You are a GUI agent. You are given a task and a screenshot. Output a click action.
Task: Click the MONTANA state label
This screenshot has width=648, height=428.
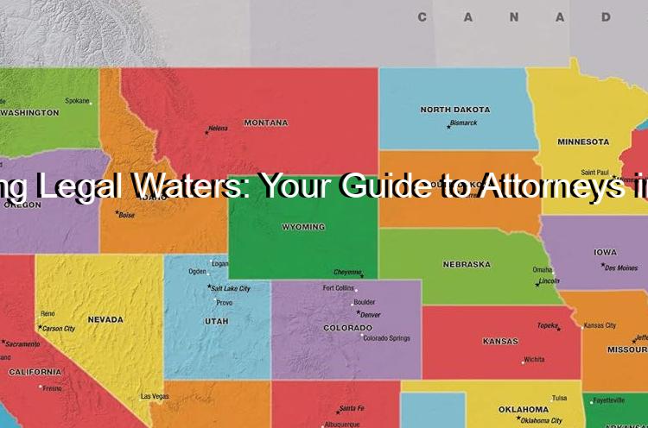point(265,123)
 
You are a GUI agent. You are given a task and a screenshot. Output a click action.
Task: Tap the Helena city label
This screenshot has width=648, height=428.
point(218,129)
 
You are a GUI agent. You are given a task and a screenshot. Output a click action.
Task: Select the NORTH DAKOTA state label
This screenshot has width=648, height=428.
point(454,110)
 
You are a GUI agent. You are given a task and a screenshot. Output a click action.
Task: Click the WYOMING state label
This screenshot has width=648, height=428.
point(303,227)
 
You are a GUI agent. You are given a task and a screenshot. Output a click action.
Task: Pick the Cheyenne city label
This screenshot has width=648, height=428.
point(347,272)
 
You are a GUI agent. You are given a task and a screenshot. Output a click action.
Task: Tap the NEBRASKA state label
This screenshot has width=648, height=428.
point(467,264)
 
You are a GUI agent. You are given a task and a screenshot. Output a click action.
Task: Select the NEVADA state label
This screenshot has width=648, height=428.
point(105,319)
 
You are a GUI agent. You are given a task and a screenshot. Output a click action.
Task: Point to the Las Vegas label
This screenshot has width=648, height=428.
point(155,397)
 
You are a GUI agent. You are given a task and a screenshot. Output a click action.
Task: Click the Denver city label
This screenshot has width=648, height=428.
point(369,315)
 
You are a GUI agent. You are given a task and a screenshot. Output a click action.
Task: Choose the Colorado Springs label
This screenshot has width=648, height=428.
point(386,338)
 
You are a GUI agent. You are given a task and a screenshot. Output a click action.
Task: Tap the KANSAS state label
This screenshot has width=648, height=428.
point(500,341)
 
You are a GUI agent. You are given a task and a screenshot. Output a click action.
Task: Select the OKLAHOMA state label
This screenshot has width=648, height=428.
point(523,409)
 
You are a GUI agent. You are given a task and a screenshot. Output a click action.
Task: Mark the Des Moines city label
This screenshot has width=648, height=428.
point(621,268)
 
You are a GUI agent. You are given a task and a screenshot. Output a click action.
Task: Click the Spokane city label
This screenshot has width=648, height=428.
point(77,101)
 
